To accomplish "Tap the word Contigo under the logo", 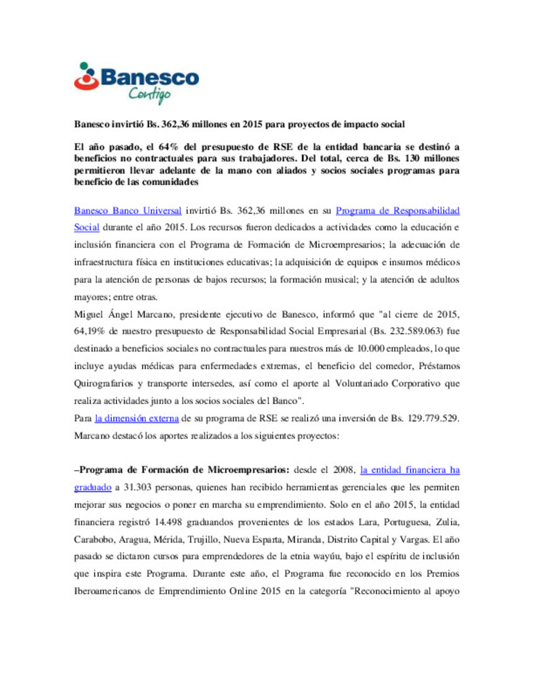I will point(149,94).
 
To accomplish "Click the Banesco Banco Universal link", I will point(128,211).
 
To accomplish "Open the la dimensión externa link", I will point(136,418).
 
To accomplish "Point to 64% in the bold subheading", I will point(168,147).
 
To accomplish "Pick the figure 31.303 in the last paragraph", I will point(137,487).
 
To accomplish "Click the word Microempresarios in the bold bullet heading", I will point(248,470).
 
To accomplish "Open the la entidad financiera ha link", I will point(410,470).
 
